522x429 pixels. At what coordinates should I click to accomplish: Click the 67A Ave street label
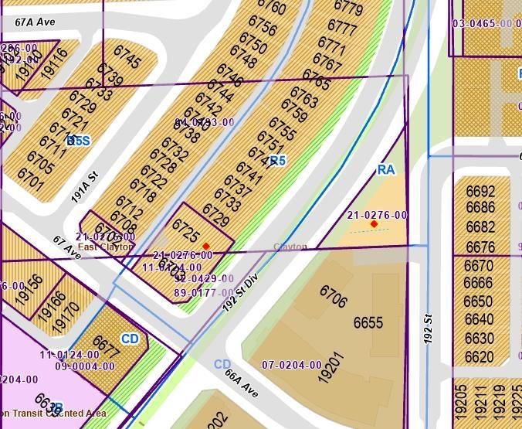pyautogui.click(x=35, y=23)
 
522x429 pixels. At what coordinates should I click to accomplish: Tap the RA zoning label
pyautogui.click(x=386, y=169)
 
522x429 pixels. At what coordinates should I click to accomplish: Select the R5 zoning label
pyautogui.click(x=277, y=161)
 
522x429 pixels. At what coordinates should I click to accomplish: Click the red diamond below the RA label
pyautogui.click(x=375, y=224)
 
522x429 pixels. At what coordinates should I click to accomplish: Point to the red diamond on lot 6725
pyautogui.click(x=206, y=246)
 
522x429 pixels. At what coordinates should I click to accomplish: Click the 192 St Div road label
pyautogui.click(x=239, y=291)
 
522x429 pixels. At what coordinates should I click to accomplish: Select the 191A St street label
pyautogui.click(x=86, y=186)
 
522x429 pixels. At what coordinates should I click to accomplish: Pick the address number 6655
pyautogui.click(x=368, y=322)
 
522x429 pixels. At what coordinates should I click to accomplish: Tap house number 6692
pyautogui.click(x=480, y=192)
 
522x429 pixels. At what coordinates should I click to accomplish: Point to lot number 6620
pyautogui.click(x=479, y=358)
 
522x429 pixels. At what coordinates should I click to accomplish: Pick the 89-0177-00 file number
pyautogui.click(x=204, y=293)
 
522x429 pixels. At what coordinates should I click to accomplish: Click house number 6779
pyautogui.click(x=347, y=9)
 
